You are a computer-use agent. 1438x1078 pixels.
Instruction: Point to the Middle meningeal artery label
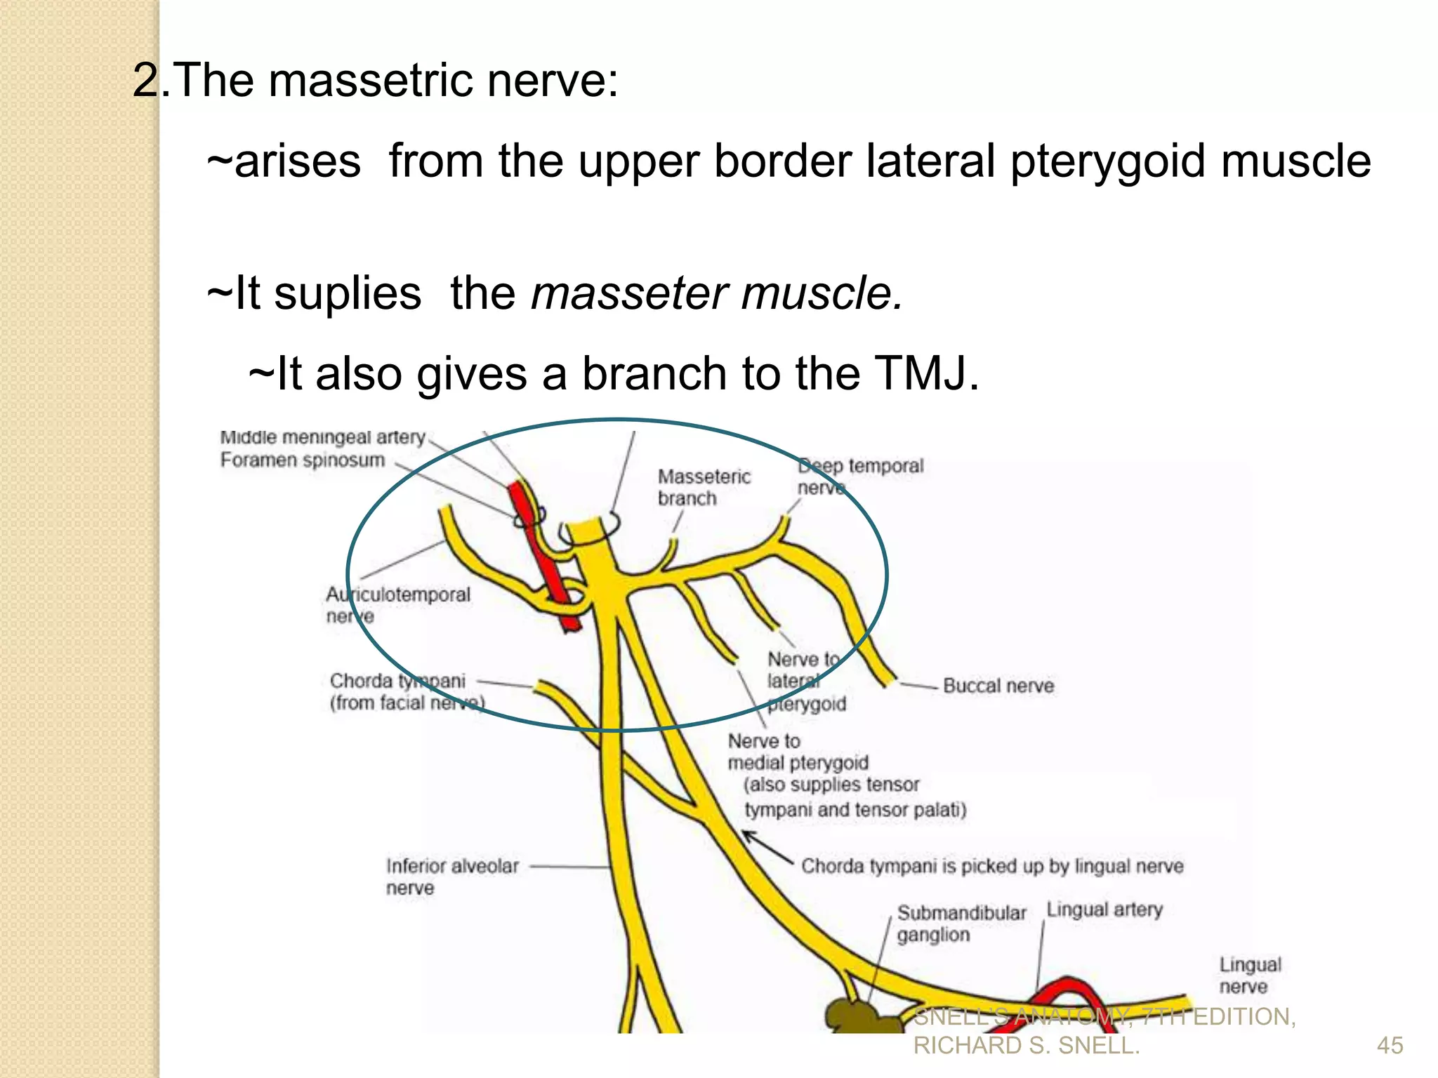[x=322, y=438]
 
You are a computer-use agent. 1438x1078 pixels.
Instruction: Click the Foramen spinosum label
[x=303, y=460]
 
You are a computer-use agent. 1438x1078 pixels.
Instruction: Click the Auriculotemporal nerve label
[x=397, y=605]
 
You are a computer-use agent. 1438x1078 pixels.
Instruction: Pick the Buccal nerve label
[x=998, y=686]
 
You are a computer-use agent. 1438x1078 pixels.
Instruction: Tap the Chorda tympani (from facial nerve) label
[x=405, y=691]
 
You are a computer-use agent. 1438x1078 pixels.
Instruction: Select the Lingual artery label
[x=1104, y=910]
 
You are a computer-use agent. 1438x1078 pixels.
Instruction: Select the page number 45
[x=1390, y=1045]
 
